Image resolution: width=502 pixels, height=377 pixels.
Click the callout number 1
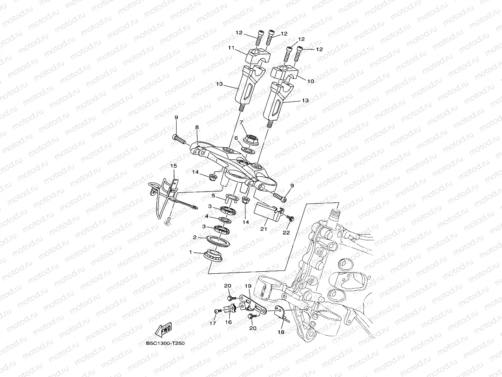[x=190, y=252]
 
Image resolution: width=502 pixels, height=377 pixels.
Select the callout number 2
[x=195, y=238]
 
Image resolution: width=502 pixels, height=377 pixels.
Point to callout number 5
[x=214, y=195]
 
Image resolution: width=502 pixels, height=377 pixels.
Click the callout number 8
[x=197, y=128]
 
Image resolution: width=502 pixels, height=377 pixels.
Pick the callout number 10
[x=311, y=81]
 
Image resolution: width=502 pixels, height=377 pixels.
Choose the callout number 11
[x=231, y=48]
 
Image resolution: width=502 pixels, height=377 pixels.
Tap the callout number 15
[x=174, y=166]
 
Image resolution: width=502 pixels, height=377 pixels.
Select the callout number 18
[x=281, y=332]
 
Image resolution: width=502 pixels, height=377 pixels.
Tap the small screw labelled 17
[x=216, y=311]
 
